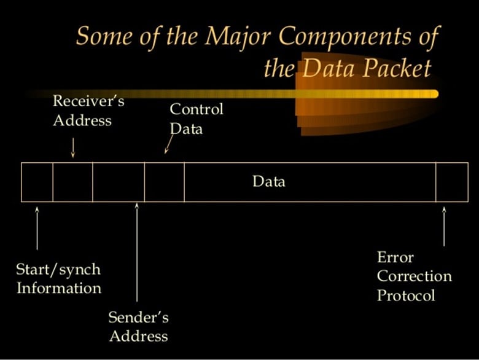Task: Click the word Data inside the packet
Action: pos(269,182)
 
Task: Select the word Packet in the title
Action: pos(397,68)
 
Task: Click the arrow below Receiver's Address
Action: pos(73,147)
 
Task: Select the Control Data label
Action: pos(195,119)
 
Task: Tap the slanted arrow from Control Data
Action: pos(168,144)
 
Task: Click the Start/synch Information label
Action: pos(58,278)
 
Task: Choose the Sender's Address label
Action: pos(138,327)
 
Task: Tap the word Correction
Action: pos(414,276)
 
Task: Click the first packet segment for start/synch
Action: pos(37,182)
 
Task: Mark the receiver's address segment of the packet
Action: pos(72,182)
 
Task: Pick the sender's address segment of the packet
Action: pos(119,182)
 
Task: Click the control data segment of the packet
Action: pos(164,182)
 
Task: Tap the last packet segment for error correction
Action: pos(452,182)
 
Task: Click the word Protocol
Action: pos(406,295)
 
